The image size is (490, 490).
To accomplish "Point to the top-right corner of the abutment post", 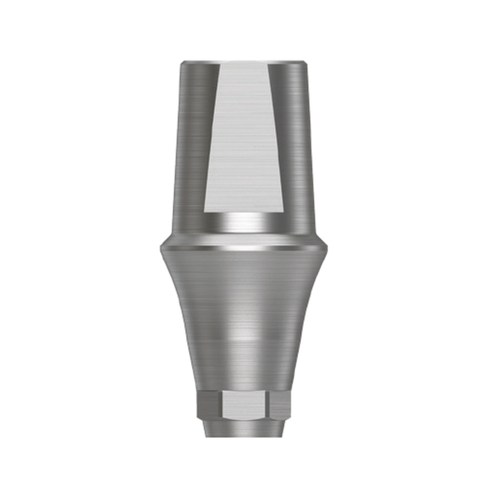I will coord(307,61).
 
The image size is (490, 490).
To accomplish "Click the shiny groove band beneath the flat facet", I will coord(245,221).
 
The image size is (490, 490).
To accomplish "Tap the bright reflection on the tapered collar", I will coord(245,327).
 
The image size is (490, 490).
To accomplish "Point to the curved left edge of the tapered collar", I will coord(180,327).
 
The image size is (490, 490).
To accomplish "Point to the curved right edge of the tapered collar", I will coord(310,327).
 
